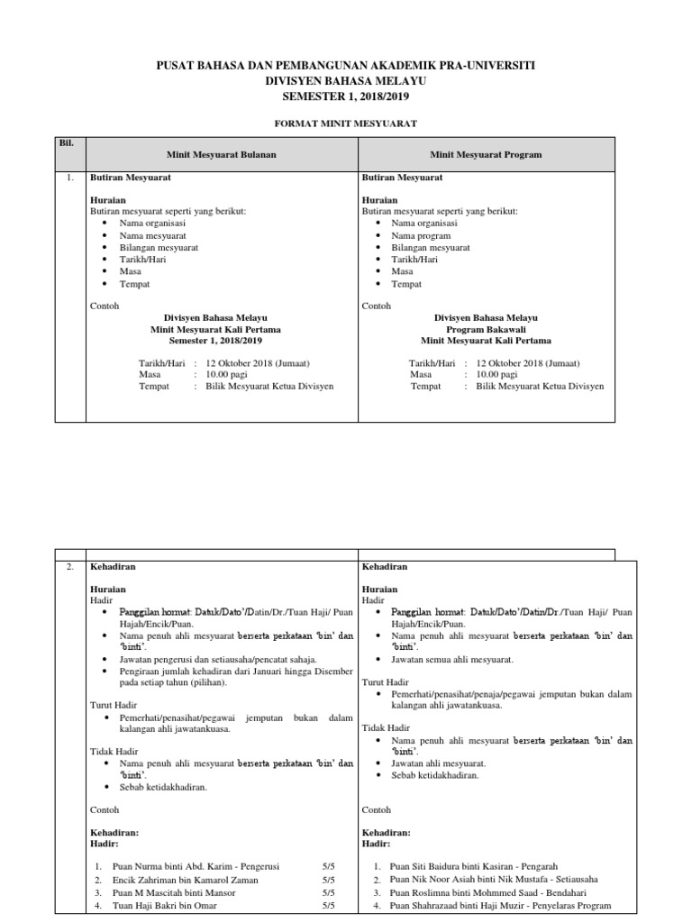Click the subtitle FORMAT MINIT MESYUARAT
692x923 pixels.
pyautogui.click(x=345, y=122)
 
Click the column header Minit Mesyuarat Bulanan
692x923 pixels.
pyautogui.click(x=222, y=155)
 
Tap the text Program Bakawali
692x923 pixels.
pyautogui.click(x=486, y=330)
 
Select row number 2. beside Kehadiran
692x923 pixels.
pyautogui.click(x=69, y=567)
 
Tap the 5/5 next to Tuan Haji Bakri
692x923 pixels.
pyautogui.click(x=327, y=905)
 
